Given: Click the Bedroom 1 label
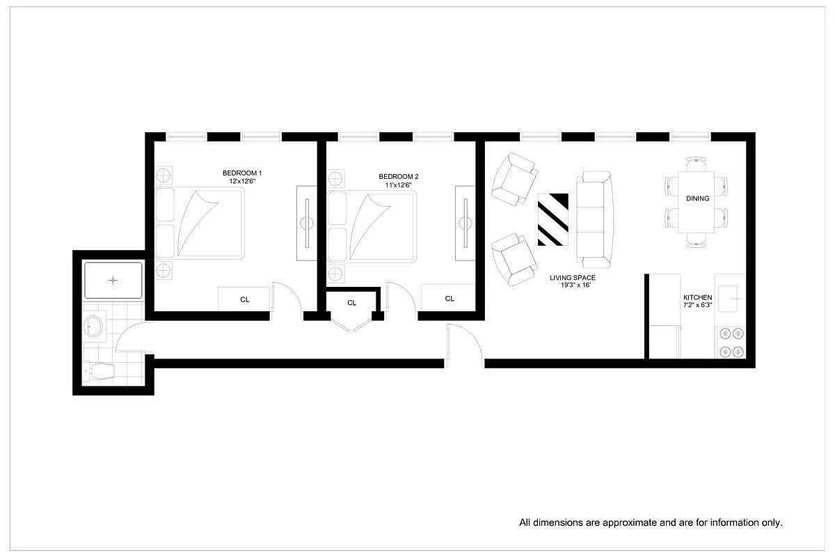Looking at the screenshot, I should [x=242, y=173].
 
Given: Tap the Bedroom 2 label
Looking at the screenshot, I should [x=399, y=177].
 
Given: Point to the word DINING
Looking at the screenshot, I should [x=697, y=198].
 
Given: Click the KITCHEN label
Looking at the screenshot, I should [x=697, y=297].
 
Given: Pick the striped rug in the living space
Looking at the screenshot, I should [x=553, y=219].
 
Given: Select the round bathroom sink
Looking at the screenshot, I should [x=94, y=326].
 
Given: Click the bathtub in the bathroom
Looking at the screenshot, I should [x=113, y=280].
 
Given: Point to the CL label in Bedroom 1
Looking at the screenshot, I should [x=244, y=299].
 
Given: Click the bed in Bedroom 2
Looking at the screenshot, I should [x=372, y=226].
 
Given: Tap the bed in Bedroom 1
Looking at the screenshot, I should [x=200, y=223].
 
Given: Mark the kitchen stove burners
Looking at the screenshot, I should [x=731, y=342].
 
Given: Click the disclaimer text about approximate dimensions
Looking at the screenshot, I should [x=651, y=522].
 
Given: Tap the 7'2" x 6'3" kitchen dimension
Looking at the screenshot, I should [x=697, y=305].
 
